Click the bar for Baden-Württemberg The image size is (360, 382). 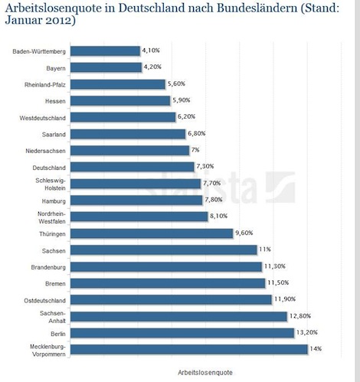105,51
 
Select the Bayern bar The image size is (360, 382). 106,67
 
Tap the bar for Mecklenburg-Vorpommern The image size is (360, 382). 189,349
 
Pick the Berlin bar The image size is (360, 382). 182,333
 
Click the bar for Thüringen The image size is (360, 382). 152,233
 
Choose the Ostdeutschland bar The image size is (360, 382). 171,299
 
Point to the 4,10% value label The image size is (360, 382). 151,51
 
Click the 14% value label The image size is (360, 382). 316,348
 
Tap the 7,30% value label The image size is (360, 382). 205,166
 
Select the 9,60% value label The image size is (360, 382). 244,233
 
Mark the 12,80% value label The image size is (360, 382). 300,316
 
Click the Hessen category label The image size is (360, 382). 55,101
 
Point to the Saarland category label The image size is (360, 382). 54,135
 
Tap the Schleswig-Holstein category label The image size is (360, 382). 51,184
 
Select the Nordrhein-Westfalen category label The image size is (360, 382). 51,217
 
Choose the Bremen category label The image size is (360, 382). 55,284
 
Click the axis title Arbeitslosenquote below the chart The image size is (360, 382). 205,373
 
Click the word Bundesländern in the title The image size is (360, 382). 257,8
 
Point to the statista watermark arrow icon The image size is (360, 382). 280,187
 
